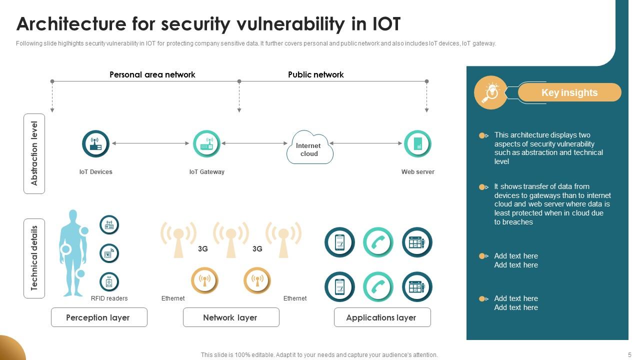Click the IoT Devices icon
coord(95,144)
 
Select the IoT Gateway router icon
coord(206,144)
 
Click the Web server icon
coord(417,144)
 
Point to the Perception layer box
coord(99,317)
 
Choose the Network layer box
coord(231,317)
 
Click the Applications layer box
coord(382,317)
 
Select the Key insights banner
coord(569,92)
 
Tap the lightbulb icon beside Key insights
coord(490,92)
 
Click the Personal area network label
coord(152,74)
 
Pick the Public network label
coord(315,74)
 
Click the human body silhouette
coord(73,252)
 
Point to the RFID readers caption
coord(109,298)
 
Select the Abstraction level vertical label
coord(34,153)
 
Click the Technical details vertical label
coord(34,258)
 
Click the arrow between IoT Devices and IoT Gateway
coord(150,143)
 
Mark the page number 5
coord(629,355)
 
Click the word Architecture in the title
coord(71,23)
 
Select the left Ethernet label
coord(173,298)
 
